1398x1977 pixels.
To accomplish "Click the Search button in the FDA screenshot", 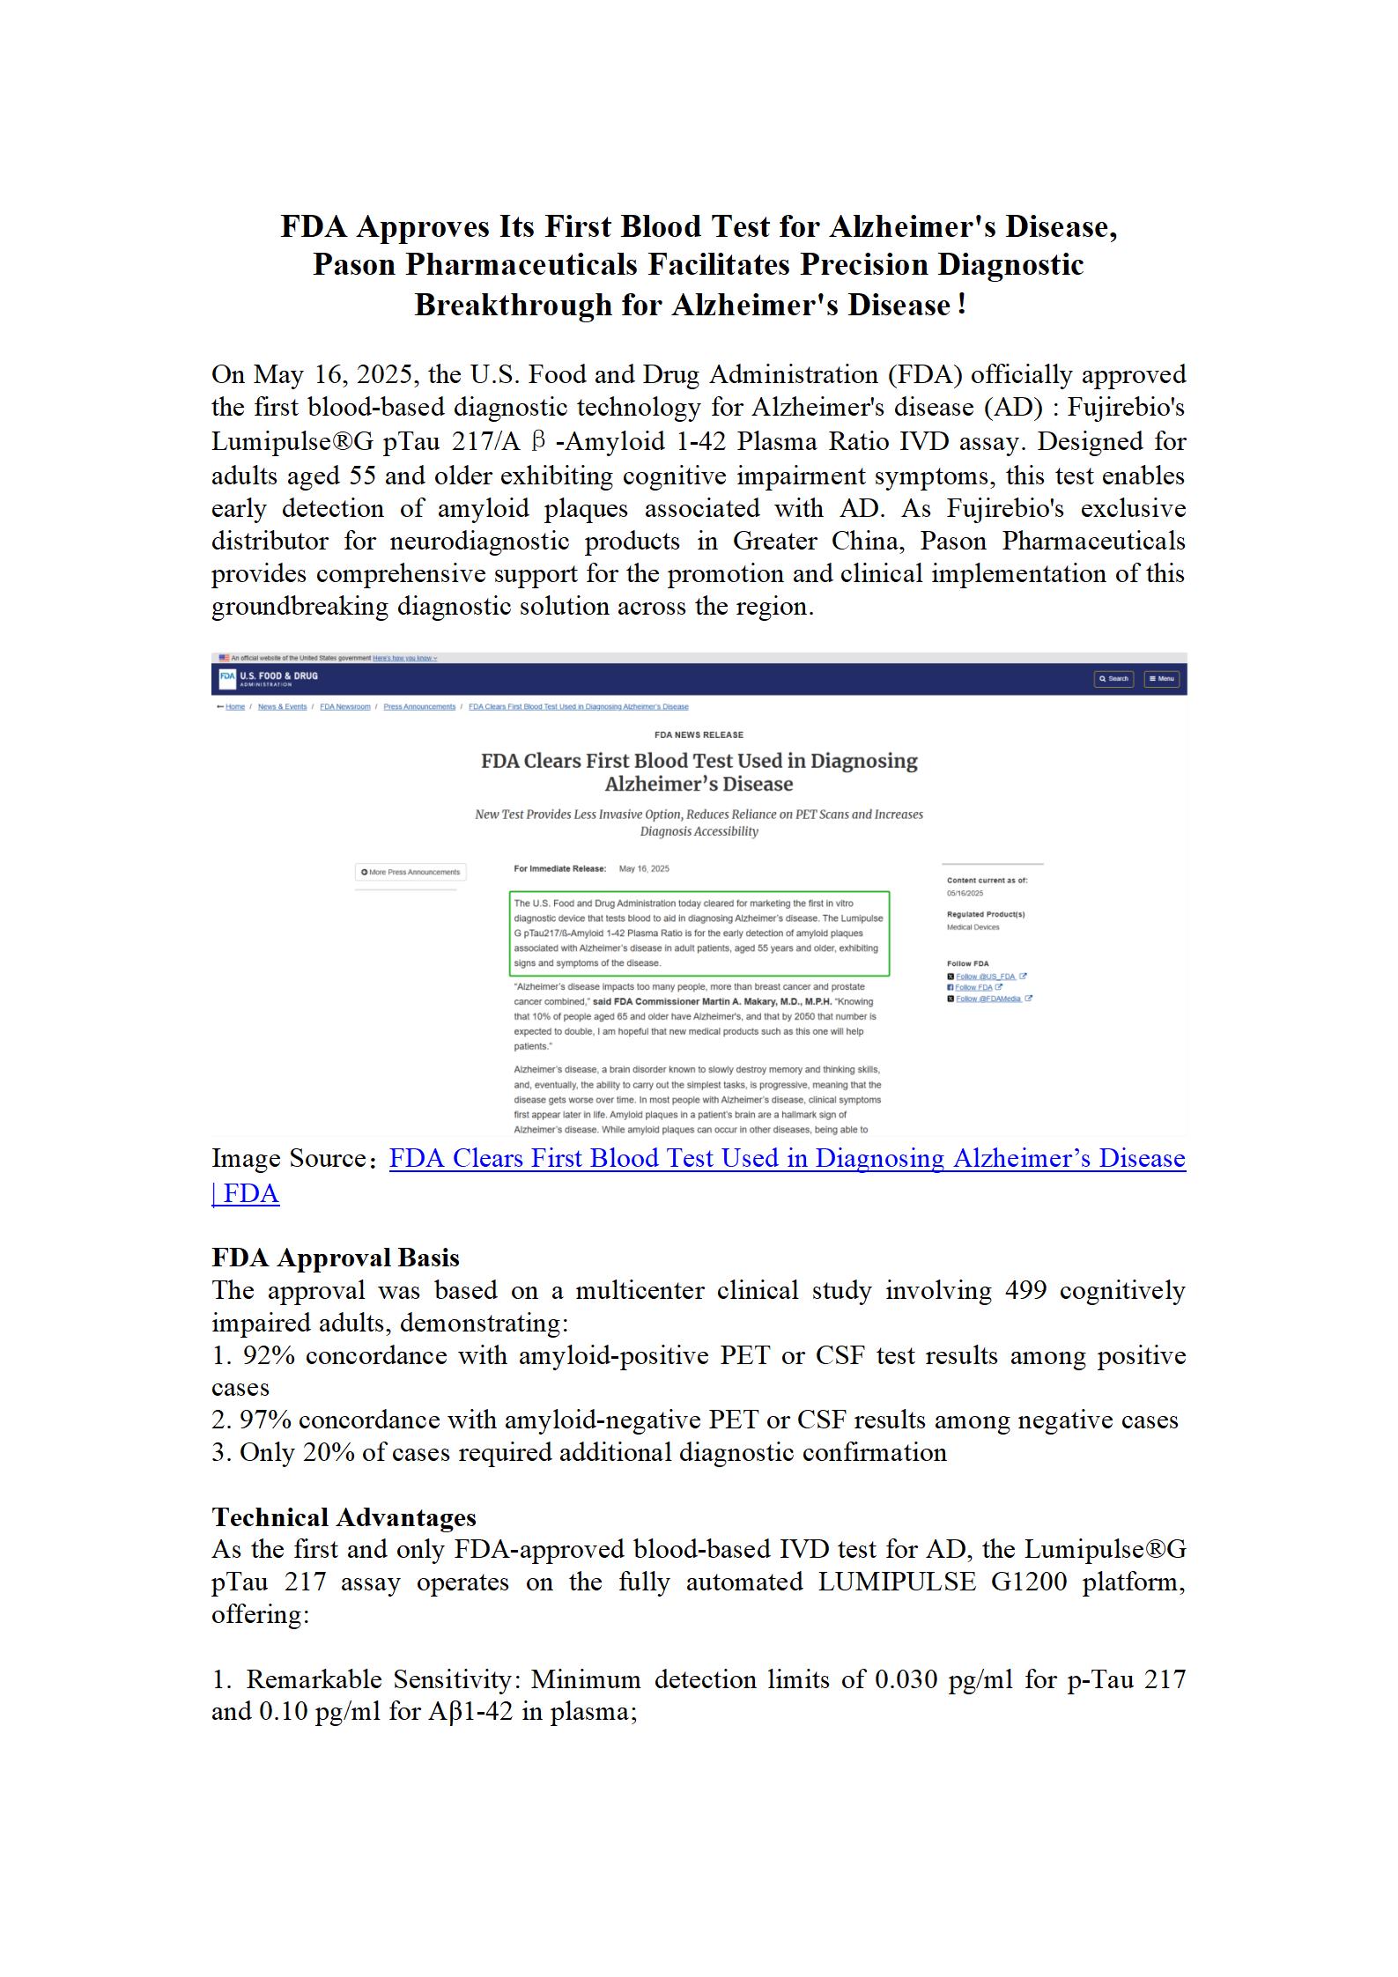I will coord(1113,679).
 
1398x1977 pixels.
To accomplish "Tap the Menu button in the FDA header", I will coord(1162,679).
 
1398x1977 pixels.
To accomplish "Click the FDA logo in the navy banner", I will coord(227,679).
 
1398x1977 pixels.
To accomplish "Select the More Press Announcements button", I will coord(411,872).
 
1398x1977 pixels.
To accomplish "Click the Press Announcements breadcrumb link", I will coord(419,707).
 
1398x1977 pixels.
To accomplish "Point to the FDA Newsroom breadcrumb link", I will coord(344,707).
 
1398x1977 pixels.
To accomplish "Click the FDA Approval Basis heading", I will coord(336,1257).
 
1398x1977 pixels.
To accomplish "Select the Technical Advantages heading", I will coord(344,1516).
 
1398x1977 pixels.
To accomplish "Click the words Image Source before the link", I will coord(288,1158).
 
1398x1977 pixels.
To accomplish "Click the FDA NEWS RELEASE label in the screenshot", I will coord(699,734).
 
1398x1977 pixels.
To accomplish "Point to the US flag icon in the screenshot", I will coord(224,658).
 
